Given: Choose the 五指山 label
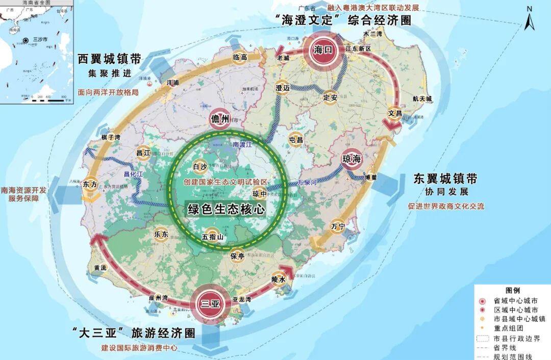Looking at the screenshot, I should click(213, 237).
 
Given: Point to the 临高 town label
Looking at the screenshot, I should click(240, 58).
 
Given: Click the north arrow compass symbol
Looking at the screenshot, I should click(529, 22).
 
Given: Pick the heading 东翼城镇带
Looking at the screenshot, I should click(445, 179).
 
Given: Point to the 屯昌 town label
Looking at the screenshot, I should click(296, 139).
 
